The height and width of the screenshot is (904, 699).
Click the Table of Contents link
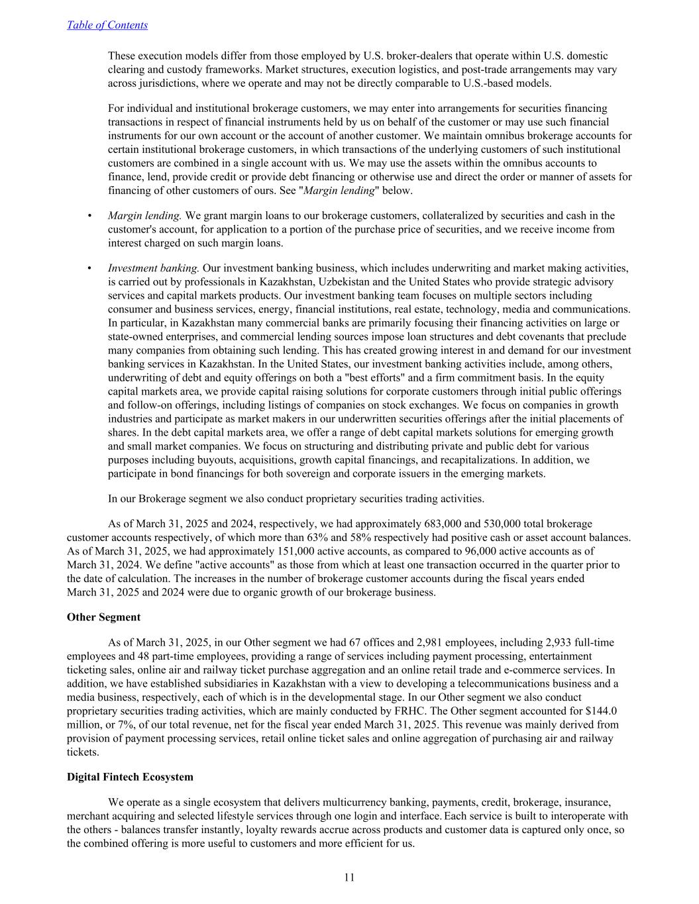tap(107, 25)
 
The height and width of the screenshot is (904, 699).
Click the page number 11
tap(349, 878)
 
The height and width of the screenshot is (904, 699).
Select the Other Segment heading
tap(103, 617)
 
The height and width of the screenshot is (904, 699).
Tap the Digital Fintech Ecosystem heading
tap(130, 777)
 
